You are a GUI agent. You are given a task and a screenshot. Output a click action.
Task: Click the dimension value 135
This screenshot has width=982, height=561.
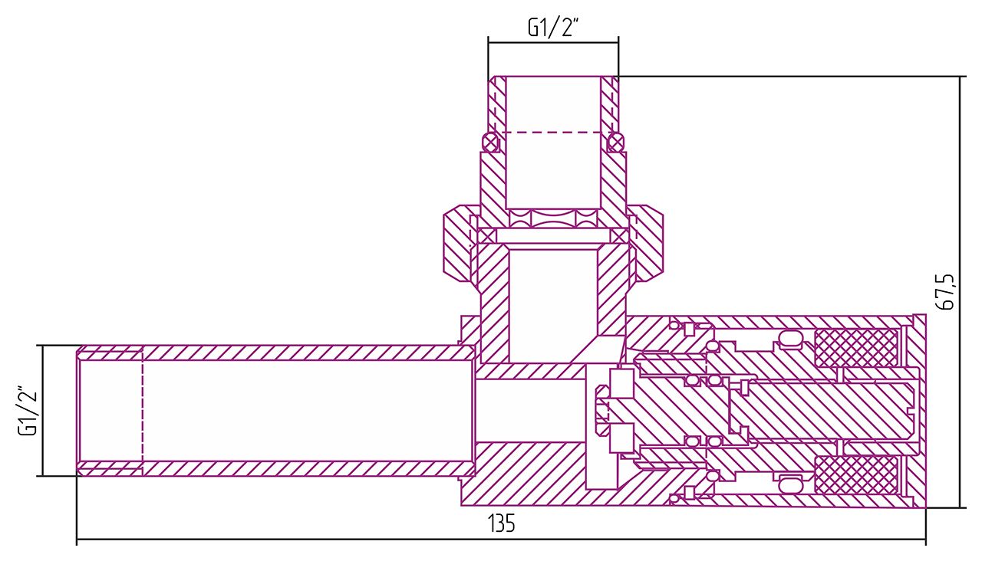[x=502, y=525]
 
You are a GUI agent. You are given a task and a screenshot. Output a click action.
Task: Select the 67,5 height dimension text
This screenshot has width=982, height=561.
[x=947, y=291]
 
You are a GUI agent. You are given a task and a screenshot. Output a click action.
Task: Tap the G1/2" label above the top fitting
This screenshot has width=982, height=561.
[x=552, y=28]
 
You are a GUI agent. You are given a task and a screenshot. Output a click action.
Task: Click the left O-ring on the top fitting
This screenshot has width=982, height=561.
[x=489, y=142]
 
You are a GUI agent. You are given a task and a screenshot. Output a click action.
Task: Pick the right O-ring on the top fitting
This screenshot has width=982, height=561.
[x=615, y=142]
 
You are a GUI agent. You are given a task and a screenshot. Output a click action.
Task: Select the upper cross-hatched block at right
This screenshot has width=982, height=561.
[x=855, y=348]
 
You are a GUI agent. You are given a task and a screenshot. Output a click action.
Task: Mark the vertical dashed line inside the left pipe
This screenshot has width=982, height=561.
[x=143, y=410]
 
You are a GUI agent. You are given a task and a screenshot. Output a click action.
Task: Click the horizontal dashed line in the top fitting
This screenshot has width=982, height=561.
[x=552, y=133]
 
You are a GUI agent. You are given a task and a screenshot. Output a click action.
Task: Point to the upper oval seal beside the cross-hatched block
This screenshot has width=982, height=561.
[x=789, y=340]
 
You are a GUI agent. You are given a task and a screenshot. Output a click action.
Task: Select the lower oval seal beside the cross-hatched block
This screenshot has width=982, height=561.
[x=789, y=482]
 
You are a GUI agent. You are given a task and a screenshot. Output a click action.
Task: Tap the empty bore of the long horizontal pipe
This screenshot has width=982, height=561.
[x=307, y=410]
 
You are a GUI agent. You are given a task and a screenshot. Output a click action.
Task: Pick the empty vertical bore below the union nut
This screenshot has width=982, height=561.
[x=552, y=307]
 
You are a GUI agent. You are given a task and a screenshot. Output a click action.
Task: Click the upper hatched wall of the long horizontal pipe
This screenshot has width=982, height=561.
[x=307, y=353]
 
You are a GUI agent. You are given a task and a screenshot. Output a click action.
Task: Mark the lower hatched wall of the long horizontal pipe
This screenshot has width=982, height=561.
[x=307, y=468]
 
